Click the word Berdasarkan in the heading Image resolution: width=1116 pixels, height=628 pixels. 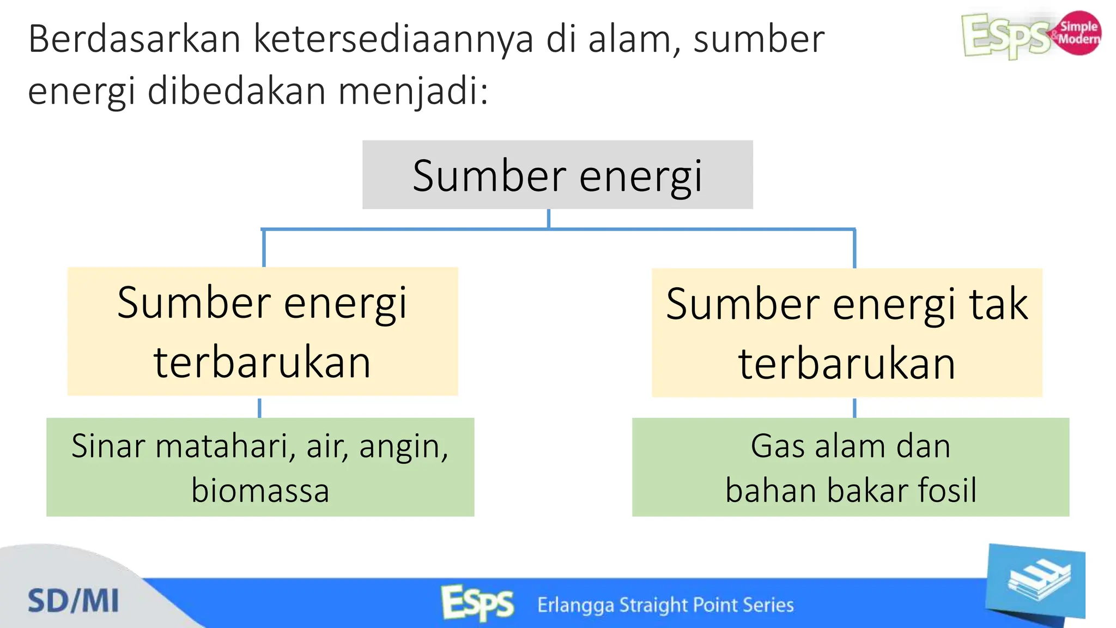(134, 39)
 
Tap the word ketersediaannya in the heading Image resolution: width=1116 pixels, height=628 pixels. (393, 40)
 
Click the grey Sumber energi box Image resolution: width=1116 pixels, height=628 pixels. (557, 175)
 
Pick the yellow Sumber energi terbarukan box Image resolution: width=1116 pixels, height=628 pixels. (262, 331)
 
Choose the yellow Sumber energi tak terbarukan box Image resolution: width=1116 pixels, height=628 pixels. (847, 333)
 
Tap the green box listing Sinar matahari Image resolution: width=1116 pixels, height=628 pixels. (260, 467)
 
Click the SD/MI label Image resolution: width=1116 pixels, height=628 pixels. (73, 601)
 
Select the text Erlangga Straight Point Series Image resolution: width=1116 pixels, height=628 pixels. (665, 605)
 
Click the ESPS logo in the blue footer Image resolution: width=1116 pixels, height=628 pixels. (477, 603)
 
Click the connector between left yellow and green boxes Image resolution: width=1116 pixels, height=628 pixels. (259, 407)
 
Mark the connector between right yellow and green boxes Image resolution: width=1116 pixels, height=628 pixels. (854, 408)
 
